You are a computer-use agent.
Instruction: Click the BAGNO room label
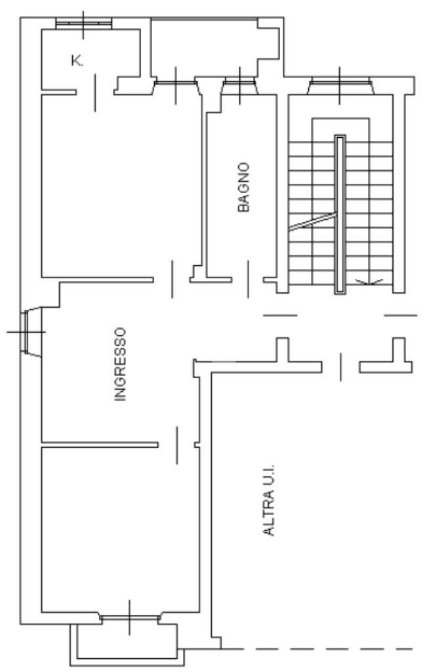[x=244, y=187]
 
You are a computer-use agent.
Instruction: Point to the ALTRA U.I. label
[x=268, y=500]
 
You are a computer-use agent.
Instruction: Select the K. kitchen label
[x=77, y=61]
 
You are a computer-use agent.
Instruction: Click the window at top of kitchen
[x=83, y=23]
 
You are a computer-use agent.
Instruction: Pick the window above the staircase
[x=340, y=85]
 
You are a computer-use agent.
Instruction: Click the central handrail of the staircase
[x=340, y=214]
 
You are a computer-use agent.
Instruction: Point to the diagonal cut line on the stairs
[x=312, y=223]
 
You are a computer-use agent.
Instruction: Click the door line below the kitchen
[x=96, y=93]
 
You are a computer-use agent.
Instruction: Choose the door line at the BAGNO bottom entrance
[x=247, y=279]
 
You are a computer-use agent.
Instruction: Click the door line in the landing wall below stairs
[x=340, y=366]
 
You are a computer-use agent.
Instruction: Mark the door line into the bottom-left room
[x=176, y=445]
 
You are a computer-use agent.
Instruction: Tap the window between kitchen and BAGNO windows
[x=176, y=84]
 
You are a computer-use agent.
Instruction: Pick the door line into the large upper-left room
[x=173, y=279]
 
